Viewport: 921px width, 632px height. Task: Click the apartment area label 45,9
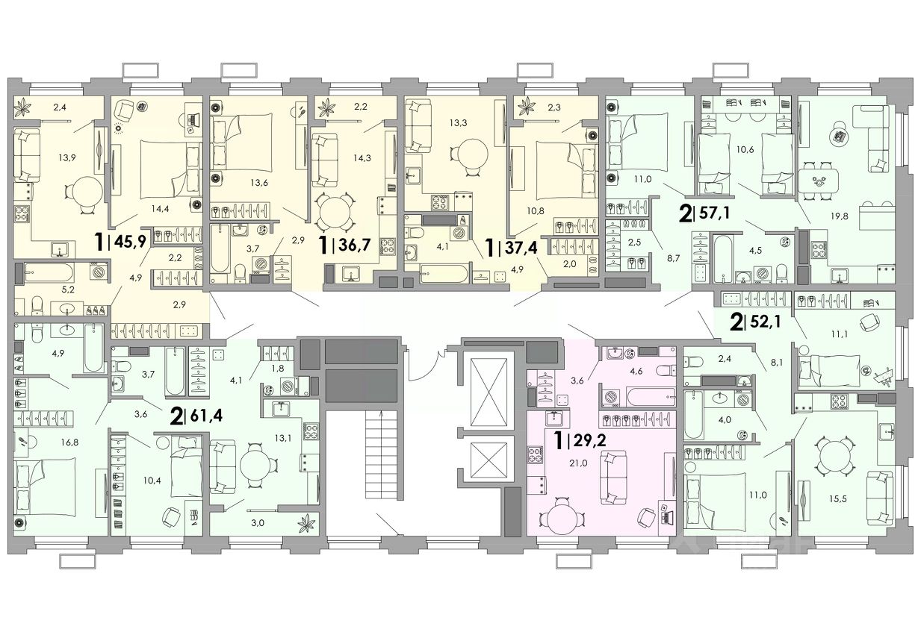tap(130, 243)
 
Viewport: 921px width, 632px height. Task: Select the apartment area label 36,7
tap(355, 245)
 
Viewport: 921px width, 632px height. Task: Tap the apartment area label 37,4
tap(522, 248)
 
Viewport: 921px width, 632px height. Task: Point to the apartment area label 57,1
tap(714, 213)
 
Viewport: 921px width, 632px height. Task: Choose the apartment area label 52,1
tap(765, 322)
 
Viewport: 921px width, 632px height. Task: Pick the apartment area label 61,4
tap(206, 416)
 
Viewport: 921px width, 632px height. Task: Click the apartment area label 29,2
tap(589, 442)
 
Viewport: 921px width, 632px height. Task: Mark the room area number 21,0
tap(578, 463)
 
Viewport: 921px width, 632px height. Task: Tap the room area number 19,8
tap(839, 216)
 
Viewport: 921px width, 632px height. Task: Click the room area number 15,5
tap(838, 499)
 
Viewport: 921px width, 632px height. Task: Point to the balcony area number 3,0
tap(258, 523)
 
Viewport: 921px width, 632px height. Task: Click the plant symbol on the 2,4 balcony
tap(23, 108)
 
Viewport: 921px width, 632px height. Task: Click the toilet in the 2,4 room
tap(690, 363)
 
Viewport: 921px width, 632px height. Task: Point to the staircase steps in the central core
tap(381, 454)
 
